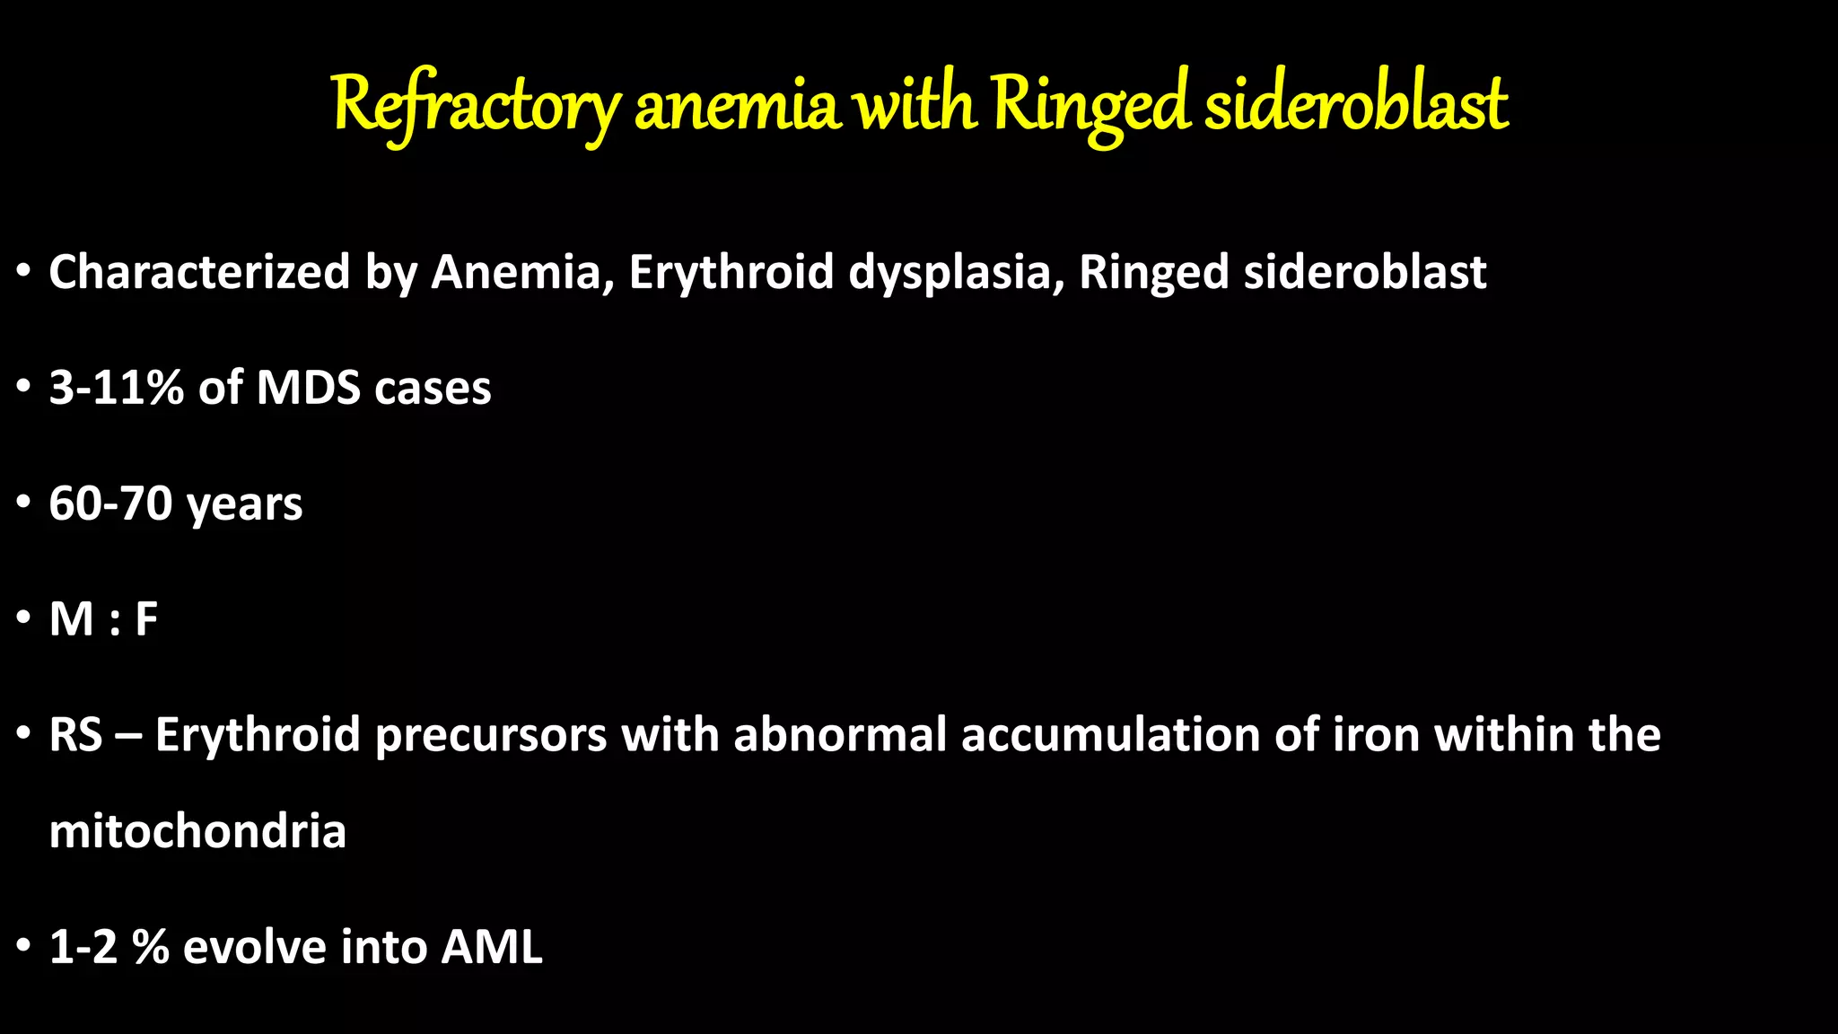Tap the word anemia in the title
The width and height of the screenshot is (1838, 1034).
coord(738,106)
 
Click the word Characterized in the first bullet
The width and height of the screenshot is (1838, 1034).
coord(199,272)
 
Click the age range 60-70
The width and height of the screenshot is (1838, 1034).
coord(110,504)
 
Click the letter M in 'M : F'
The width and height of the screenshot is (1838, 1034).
coord(72,619)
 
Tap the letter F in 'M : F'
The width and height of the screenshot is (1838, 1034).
coord(146,619)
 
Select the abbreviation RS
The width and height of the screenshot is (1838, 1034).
coord(75,735)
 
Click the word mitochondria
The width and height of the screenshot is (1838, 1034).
coord(197,831)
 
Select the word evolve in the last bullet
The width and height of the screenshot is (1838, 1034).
coord(254,947)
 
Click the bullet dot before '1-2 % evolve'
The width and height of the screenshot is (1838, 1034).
coord(24,947)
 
